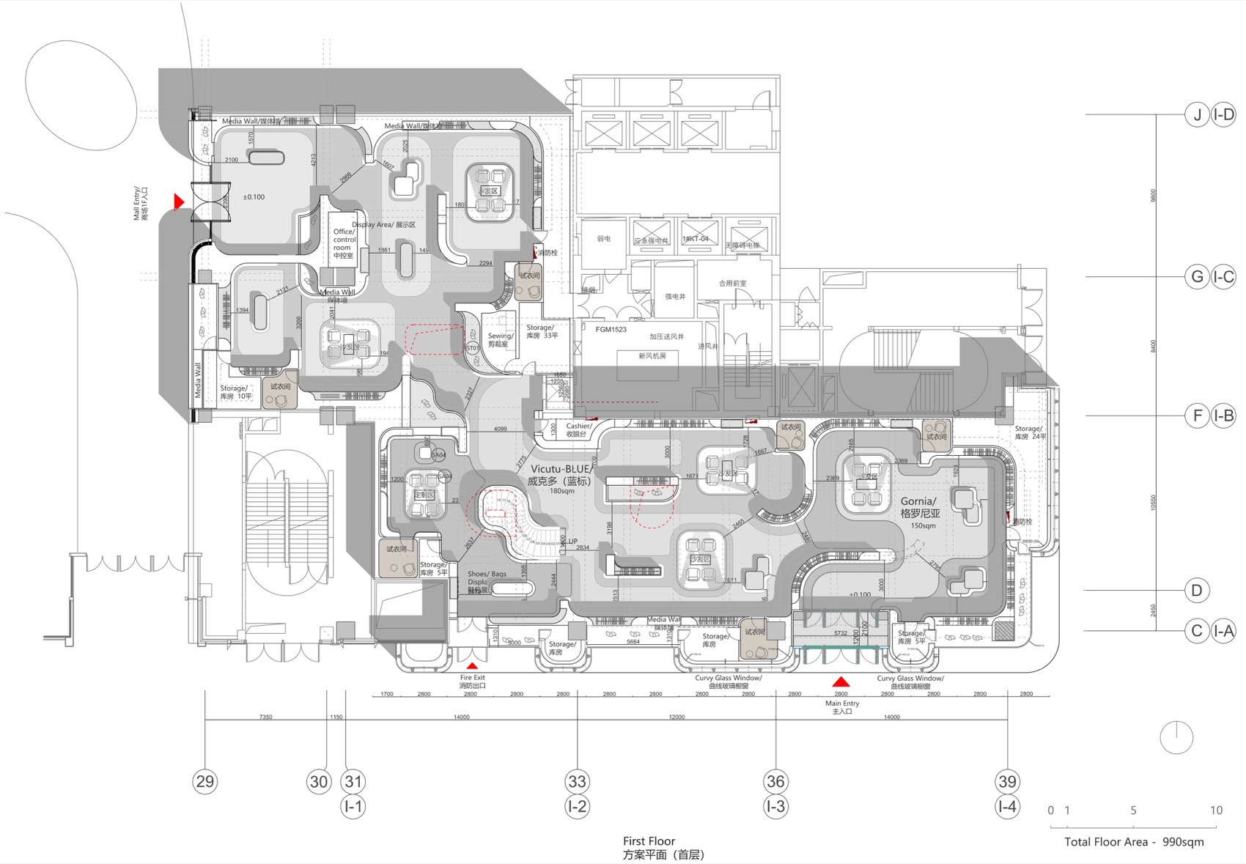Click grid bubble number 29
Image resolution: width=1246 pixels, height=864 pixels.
pos(205,781)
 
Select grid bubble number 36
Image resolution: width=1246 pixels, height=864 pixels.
pos(775,781)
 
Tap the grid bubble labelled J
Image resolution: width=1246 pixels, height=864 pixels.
pos(1197,115)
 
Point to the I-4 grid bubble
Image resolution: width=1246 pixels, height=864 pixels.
pos(1007,807)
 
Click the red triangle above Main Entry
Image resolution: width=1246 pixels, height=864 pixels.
pos(841,681)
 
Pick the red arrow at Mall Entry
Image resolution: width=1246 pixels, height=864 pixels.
pos(178,201)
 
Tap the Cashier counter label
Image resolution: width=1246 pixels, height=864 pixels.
pos(578,429)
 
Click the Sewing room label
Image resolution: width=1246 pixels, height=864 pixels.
pos(500,339)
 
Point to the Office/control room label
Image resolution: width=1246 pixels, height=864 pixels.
pos(343,243)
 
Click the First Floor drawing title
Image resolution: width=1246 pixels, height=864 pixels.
pos(649,841)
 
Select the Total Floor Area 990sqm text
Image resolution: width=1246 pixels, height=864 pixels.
pos(1134,842)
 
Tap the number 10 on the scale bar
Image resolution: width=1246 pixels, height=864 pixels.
pos(1216,811)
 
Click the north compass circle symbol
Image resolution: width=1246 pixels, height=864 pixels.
pos(1177,738)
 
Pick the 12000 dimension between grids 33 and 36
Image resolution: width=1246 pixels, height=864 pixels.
pos(676,717)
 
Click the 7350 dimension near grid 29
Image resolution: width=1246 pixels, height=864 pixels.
pos(265,717)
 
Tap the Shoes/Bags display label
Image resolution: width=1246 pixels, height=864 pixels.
pos(487,579)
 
